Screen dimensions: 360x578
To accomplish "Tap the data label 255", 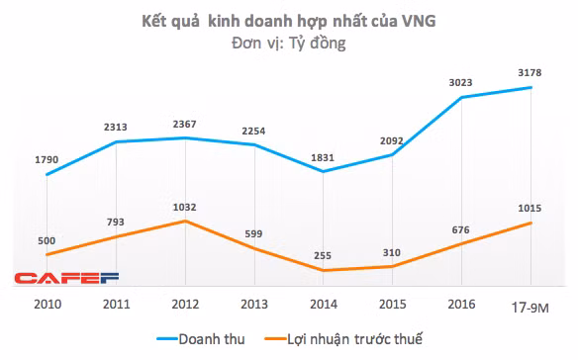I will [324, 254].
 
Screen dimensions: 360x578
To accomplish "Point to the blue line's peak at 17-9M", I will [530, 87].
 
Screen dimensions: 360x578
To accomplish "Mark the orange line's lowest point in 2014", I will [324, 270].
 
